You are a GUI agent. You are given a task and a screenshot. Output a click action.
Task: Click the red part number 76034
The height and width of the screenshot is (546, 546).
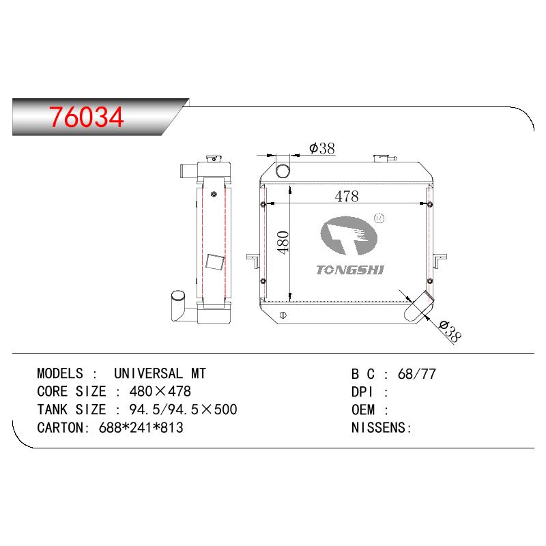pos(87,117)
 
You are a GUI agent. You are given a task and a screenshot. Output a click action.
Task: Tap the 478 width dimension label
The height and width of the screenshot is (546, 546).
pos(347,196)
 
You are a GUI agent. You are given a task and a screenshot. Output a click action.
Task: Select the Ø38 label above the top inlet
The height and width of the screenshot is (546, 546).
pos(321,148)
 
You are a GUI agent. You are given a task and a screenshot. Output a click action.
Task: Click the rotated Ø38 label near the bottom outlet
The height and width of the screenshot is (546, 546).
pos(450,331)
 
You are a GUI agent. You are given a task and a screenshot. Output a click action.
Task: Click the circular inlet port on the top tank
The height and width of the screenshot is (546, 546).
pos(283,171)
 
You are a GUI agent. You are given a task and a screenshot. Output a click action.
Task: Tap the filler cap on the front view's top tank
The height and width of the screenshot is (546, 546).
pos(384,158)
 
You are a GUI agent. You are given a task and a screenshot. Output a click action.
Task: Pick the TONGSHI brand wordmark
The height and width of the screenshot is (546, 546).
pos(350,270)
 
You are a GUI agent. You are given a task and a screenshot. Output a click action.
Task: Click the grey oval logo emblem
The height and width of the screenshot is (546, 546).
pos(349,235)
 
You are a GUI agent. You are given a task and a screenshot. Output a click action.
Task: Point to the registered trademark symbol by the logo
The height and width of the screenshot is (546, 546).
pos(379,218)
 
